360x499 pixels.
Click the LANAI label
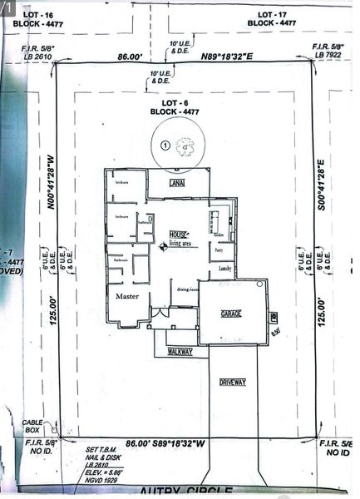pos(176,182)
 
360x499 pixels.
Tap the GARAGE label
pos(230,314)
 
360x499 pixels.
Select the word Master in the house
pos(127,296)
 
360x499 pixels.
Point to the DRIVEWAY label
pos(233,382)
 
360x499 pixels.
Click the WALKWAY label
pos(180,352)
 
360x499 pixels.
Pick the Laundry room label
pos(224,269)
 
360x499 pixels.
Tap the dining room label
pos(188,289)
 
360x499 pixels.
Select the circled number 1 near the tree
pos(165,145)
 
